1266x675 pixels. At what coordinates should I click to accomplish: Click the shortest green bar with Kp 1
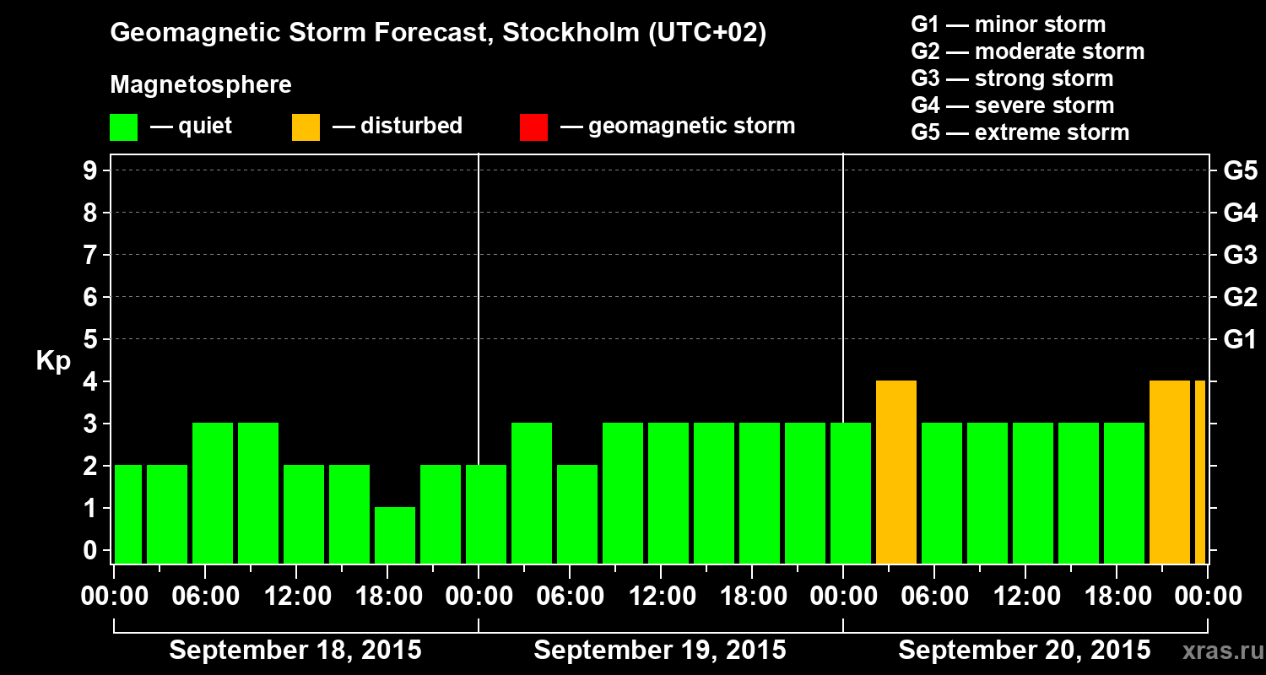click(395, 535)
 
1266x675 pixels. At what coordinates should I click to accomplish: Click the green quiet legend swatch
click(124, 127)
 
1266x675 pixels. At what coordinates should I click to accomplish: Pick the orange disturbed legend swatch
click(306, 127)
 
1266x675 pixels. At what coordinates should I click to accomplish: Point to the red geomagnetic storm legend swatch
click(534, 127)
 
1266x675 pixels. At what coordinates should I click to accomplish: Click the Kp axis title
click(53, 361)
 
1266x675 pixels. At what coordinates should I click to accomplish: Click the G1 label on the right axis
click(1240, 340)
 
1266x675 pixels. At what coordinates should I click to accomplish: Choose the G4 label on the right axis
click(1240, 213)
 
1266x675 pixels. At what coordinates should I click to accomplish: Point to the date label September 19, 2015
click(660, 651)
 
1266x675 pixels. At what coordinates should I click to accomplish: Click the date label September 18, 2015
click(295, 651)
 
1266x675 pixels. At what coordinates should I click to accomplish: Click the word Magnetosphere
click(201, 85)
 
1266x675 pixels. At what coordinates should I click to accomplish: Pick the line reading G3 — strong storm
click(1012, 78)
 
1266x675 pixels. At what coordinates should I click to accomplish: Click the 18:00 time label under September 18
click(387, 597)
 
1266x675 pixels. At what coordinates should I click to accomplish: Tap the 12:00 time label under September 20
click(1025, 597)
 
